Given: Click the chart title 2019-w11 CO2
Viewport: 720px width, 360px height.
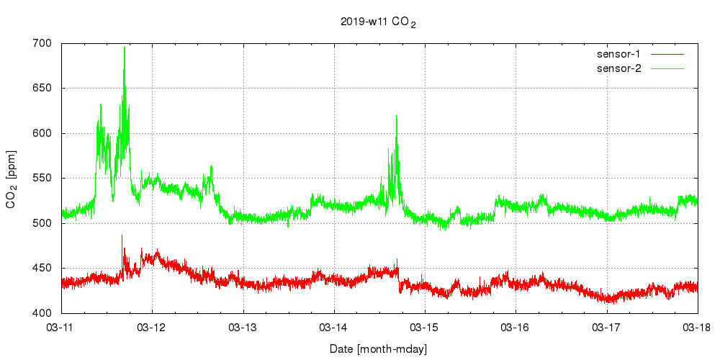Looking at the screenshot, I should point(378,22).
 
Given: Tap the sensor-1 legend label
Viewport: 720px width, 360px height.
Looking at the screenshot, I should point(624,54).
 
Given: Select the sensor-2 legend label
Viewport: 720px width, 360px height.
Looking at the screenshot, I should point(624,68).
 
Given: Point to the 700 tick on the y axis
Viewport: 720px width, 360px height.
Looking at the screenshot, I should point(42,44).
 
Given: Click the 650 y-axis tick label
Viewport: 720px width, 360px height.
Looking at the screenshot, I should point(42,89).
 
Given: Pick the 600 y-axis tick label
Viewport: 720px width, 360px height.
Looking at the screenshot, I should point(42,134).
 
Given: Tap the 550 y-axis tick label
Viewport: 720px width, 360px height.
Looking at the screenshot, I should point(42,179).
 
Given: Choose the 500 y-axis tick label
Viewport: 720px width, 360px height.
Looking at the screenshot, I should point(42,223).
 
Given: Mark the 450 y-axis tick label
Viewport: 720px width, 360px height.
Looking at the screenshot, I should point(42,269).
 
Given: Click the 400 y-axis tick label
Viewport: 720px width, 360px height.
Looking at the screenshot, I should point(42,313).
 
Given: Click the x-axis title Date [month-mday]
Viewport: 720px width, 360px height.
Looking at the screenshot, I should point(378,349).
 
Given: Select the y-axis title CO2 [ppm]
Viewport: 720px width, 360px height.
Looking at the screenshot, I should point(12,179).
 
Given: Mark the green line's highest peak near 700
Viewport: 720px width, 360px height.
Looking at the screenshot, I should point(125,48).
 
